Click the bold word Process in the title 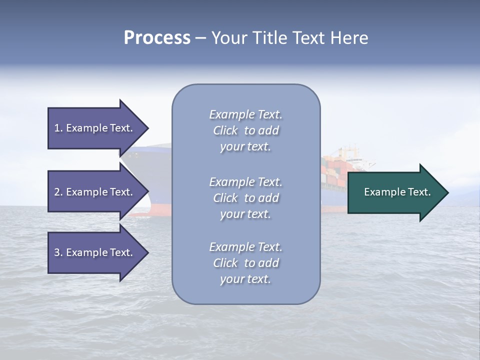click(157, 38)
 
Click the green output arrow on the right click(395, 192)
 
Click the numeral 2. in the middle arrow click(58, 192)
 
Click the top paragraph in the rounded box click(245, 130)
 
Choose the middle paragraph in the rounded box click(245, 198)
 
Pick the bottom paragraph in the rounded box click(245, 263)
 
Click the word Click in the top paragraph click(225, 131)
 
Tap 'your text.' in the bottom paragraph click(245, 279)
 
